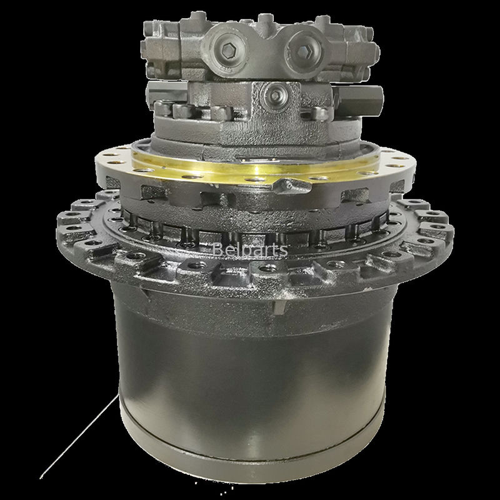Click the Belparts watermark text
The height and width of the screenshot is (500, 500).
click(x=249, y=250)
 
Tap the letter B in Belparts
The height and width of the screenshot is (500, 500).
click(x=217, y=250)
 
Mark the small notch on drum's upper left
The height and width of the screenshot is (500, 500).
click(x=140, y=291)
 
